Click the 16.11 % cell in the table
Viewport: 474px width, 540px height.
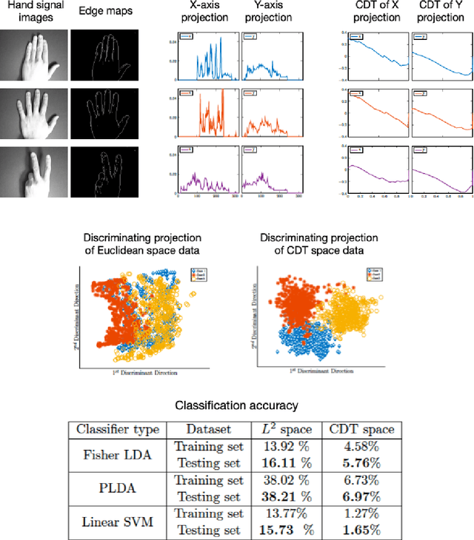[283, 462]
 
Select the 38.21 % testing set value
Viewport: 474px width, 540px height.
[283, 496]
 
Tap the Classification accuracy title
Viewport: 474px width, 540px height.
[237, 405]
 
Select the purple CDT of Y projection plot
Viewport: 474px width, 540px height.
[441, 170]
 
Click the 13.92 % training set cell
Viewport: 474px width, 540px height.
[283, 446]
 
